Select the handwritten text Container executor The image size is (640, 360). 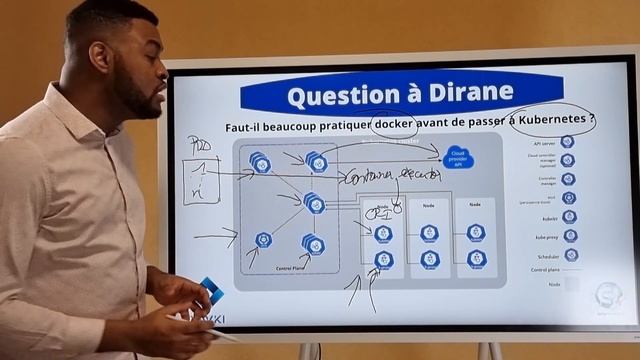tap(391, 177)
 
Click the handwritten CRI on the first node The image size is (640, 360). tap(378, 212)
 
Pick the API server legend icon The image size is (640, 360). tap(567, 142)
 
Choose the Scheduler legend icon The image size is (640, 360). tap(569, 255)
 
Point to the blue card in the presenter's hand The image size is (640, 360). tap(211, 291)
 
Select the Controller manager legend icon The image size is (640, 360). tap(568, 179)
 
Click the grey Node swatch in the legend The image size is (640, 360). tap(570, 285)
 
